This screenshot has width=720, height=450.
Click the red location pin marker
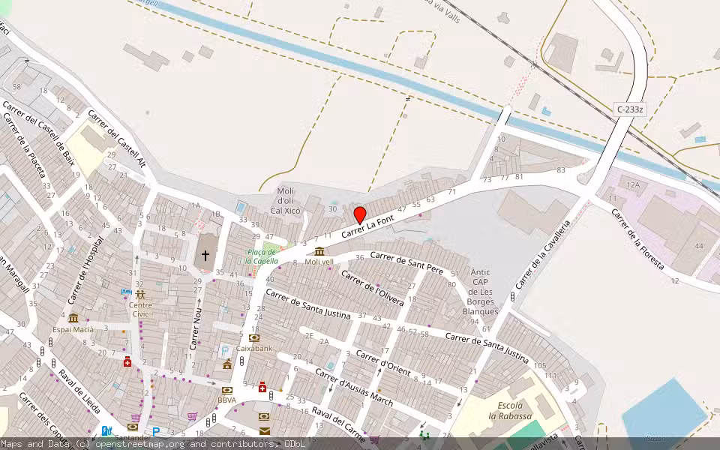pos(360,215)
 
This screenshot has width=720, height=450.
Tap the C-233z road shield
pos(630,109)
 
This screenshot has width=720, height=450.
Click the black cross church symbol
pos(205,256)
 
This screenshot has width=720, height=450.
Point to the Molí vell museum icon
pos(319,251)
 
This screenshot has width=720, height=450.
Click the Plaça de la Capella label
pos(262,256)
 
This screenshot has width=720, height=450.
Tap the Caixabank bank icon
pos(253,338)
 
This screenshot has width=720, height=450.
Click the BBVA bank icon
pos(226,390)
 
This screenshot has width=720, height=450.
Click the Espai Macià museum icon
pos(73,318)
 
